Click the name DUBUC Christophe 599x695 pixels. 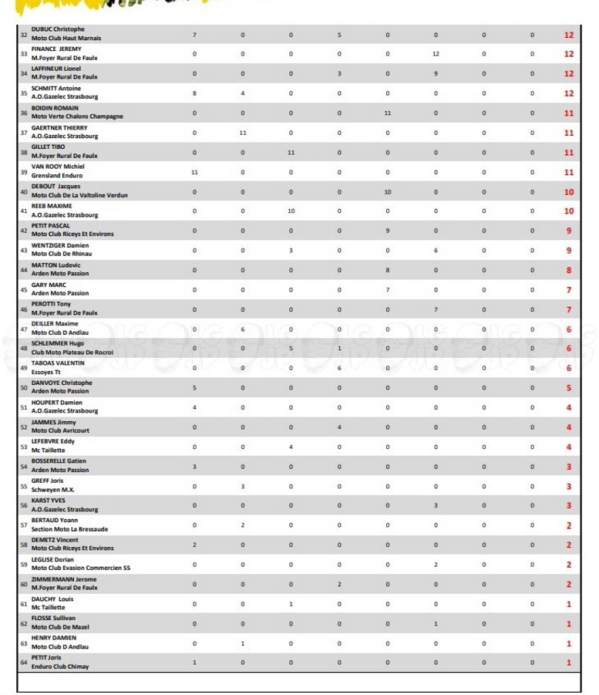pos(58,29)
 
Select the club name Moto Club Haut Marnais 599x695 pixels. pos(66,38)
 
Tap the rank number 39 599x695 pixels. pos(23,171)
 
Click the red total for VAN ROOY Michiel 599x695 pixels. pos(569,172)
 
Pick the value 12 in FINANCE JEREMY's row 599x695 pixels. pos(436,54)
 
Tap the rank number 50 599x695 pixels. pos(23,387)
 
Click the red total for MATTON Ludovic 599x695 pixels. pos(569,270)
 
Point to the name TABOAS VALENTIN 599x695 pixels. pos(58,363)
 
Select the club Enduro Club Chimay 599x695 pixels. pos(59,666)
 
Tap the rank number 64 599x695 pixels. pos(23,662)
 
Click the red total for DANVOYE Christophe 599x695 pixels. pos(569,387)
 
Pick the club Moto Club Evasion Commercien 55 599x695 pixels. pos(81,568)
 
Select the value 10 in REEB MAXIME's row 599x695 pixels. pos(291,211)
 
